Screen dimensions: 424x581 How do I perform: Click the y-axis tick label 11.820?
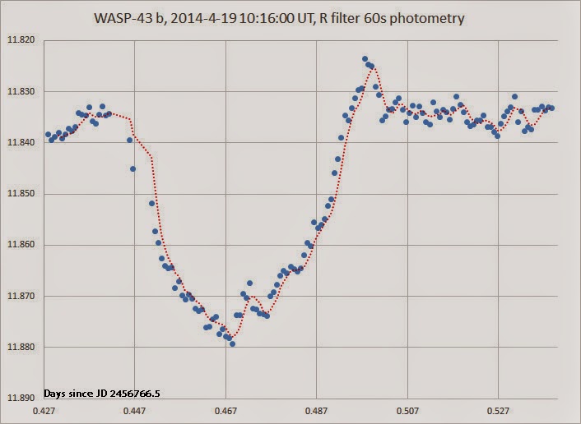point(22,39)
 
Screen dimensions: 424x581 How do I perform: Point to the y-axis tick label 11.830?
point(22,91)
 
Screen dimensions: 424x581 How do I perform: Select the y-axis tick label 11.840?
point(22,142)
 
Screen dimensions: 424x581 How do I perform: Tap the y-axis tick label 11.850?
point(22,194)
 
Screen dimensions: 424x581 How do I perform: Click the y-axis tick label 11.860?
point(22,245)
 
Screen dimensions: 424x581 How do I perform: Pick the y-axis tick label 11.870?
point(22,296)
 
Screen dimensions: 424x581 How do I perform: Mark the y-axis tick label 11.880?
point(22,347)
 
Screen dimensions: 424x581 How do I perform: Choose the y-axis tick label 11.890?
point(22,398)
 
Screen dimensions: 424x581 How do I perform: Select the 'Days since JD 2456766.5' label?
point(101,394)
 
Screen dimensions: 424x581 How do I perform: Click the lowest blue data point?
point(233,344)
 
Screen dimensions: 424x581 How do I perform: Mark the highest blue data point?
point(365,59)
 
